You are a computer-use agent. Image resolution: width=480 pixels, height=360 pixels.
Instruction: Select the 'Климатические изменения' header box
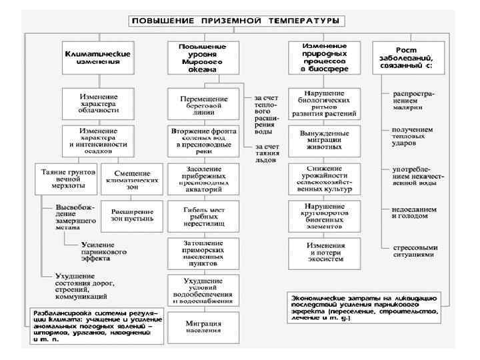(x=97, y=55)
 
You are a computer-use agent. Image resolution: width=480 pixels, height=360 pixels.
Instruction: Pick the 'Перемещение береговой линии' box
(x=203, y=105)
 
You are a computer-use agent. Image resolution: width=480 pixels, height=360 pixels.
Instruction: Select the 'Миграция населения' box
(x=203, y=327)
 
